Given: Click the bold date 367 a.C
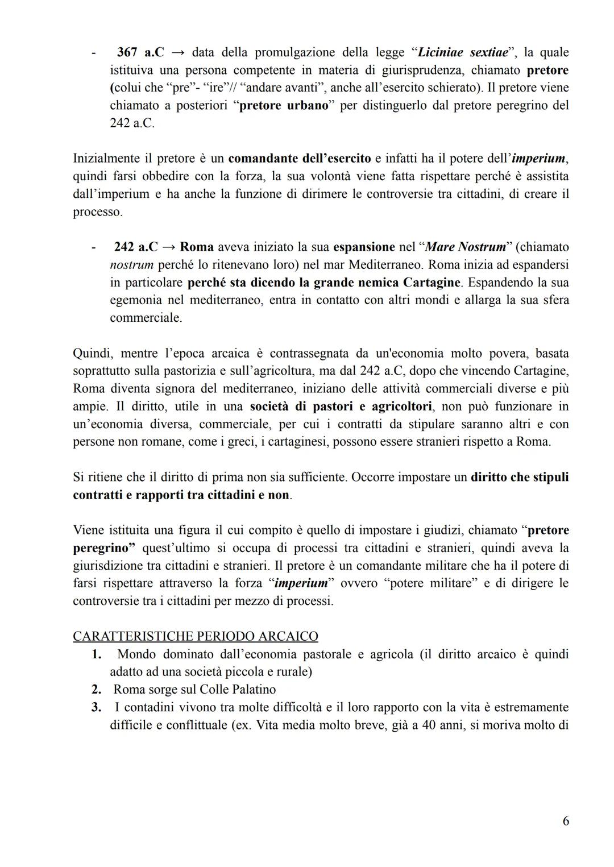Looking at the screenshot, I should [x=140, y=52].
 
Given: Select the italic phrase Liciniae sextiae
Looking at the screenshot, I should [x=462, y=52].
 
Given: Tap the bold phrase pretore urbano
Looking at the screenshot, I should [x=284, y=106].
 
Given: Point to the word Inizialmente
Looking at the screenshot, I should [x=106, y=158].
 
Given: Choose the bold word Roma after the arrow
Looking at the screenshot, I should [x=197, y=247].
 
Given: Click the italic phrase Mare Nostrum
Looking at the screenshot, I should [x=465, y=247].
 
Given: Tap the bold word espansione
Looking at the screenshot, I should [x=364, y=247].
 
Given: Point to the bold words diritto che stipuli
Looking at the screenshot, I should [x=520, y=477].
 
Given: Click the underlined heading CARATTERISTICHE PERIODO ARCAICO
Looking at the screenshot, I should [x=196, y=636].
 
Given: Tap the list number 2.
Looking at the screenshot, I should [x=97, y=690].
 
